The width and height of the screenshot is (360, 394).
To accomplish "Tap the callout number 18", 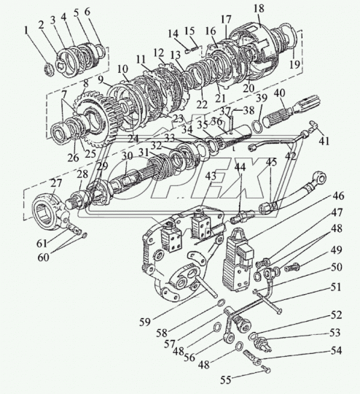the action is tap(259, 9).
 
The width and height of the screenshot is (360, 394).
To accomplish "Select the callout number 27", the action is tap(56, 183).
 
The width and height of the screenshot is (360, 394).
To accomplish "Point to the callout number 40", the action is tap(279, 93).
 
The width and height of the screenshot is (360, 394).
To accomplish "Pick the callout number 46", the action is tap(338, 196).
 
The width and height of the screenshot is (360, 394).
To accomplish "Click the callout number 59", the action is tap(144, 322).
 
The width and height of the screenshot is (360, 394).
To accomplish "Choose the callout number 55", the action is tap(225, 380).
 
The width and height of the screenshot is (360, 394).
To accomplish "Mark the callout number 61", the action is tap(42, 243).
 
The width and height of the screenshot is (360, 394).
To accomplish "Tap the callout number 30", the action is tap(127, 156).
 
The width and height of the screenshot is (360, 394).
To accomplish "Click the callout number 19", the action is tap(294, 64).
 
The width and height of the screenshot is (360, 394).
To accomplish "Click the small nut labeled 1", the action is tap(49, 71).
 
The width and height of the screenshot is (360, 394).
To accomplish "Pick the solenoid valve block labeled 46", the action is tap(238, 260).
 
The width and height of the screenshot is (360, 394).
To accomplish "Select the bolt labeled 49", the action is tap(292, 267).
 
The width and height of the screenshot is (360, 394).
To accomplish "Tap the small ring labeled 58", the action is tap(221, 302).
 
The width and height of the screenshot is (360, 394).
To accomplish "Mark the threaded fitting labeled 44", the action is tap(243, 216).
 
